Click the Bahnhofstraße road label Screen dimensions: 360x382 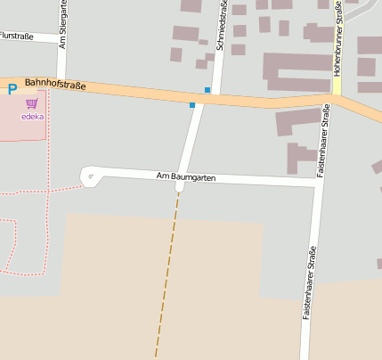[55, 85]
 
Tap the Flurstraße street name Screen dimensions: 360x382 [16, 36]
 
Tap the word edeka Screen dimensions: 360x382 [33, 116]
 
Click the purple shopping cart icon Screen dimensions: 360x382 [32, 103]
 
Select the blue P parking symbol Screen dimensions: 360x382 [12, 89]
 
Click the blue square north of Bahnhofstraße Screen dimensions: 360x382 [207, 90]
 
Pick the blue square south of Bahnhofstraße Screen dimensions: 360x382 [192, 105]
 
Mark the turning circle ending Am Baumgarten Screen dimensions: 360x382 [89, 176]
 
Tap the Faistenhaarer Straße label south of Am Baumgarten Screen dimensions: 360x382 [307, 283]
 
